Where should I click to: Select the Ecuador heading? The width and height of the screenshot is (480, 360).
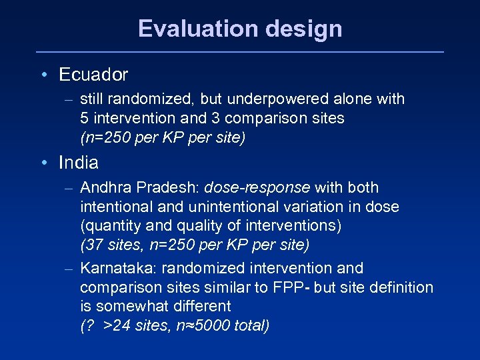click(x=93, y=75)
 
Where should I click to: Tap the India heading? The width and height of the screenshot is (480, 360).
click(x=79, y=163)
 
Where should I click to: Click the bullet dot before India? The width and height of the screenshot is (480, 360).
click(x=43, y=163)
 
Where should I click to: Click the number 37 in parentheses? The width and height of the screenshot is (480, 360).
click(x=93, y=245)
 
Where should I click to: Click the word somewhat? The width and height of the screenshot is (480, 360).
click(x=127, y=307)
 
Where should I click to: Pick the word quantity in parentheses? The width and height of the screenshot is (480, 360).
click(x=109, y=226)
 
